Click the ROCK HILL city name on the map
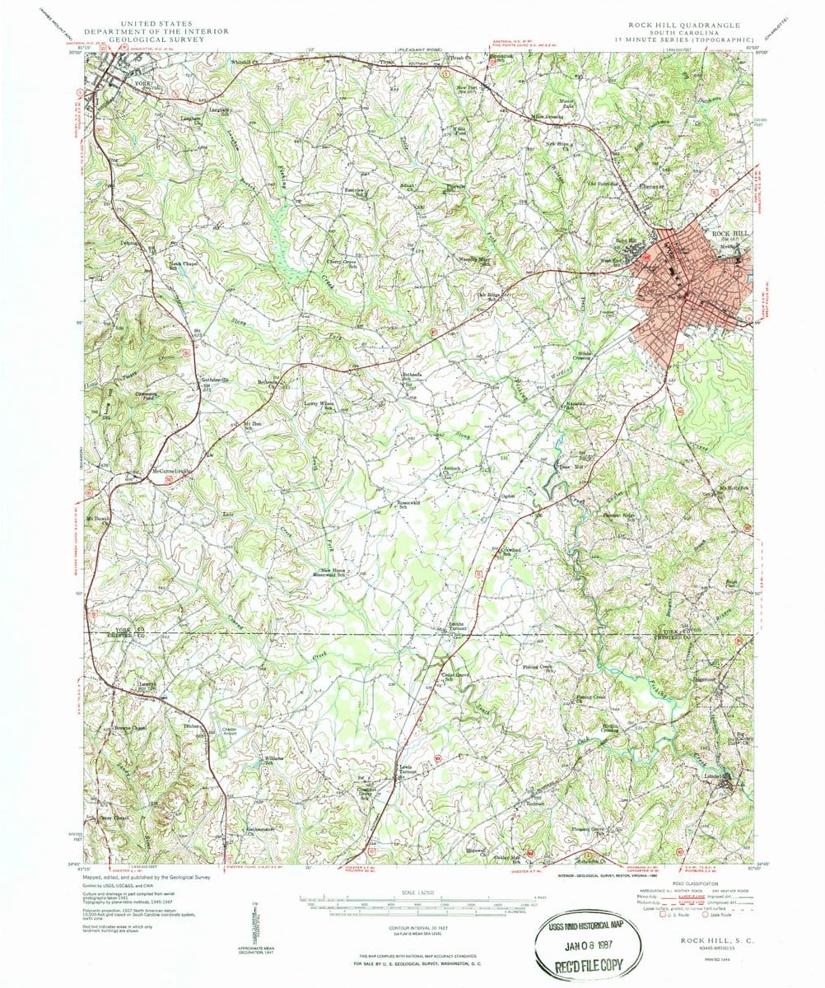[725, 233]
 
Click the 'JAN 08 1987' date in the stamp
[586, 942]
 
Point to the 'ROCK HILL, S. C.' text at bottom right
[712, 939]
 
